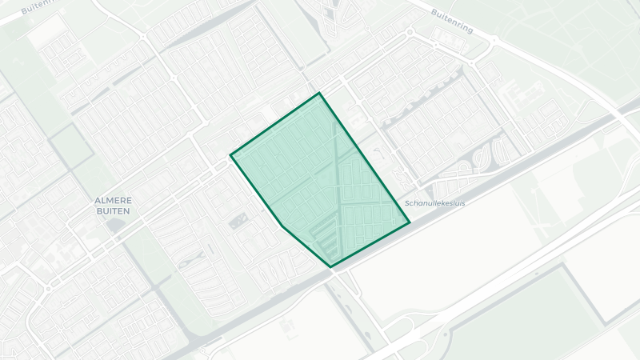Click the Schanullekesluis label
click(435, 203)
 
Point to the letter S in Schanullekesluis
click(408, 203)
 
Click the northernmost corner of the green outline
click(319, 93)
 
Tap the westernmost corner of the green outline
click(231, 154)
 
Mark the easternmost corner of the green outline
click(410, 222)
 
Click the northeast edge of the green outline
click(364, 157)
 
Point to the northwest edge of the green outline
click(275, 123)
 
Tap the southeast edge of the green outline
click(370, 245)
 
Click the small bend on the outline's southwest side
click(282, 226)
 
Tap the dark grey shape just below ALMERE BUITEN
click(115, 225)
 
